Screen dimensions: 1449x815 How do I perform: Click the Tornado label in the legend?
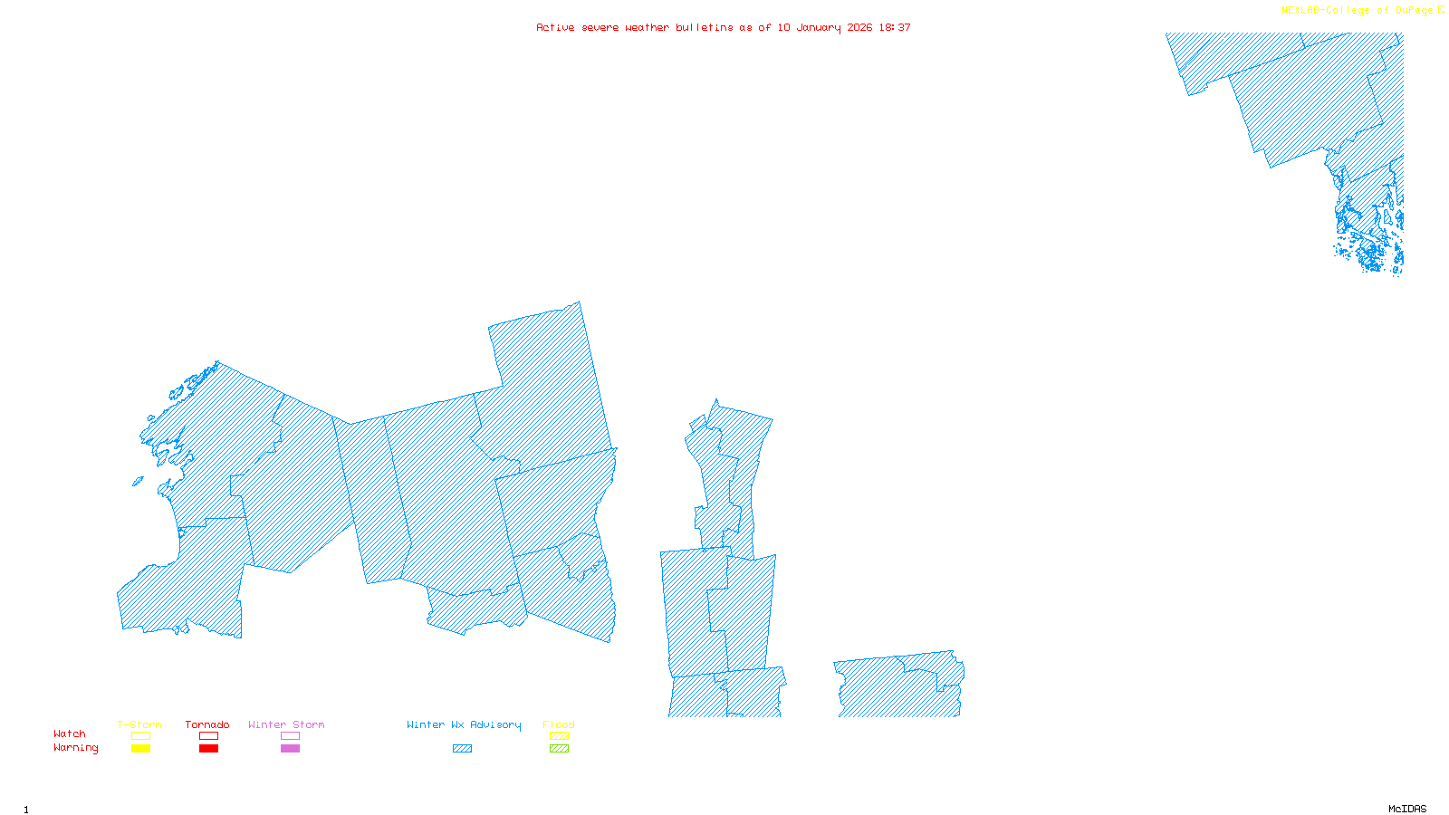(207, 724)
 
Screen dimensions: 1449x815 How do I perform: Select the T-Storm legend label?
(139, 724)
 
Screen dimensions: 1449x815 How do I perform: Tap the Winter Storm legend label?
(286, 724)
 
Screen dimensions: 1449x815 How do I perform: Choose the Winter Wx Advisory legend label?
(464, 724)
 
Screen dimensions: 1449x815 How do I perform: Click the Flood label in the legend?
(559, 724)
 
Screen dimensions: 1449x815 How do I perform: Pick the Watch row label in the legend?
(70, 733)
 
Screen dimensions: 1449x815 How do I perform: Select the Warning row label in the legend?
(76, 748)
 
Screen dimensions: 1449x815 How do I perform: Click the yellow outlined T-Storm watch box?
(140, 736)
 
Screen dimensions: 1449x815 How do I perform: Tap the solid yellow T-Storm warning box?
(140, 749)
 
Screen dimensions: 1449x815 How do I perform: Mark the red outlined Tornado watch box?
(208, 736)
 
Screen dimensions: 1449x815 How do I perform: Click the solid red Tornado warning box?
(208, 749)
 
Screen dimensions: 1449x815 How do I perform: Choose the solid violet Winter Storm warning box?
(290, 749)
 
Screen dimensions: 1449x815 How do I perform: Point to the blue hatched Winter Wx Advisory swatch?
(462, 749)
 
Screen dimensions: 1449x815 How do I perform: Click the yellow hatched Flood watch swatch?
(560, 736)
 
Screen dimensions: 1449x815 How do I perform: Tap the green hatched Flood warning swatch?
(560, 749)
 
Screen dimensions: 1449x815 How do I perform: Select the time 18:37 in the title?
(895, 27)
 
